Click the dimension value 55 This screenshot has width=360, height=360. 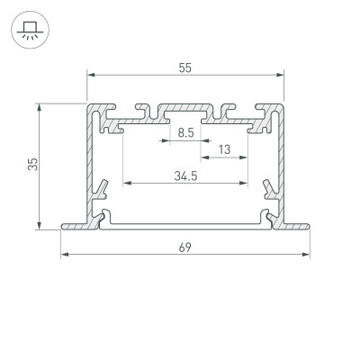click(184, 66)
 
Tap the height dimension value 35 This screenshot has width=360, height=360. click(31, 164)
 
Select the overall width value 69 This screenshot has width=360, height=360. click(184, 246)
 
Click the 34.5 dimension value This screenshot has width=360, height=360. click(185, 175)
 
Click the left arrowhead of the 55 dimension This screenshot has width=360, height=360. click(90, 75)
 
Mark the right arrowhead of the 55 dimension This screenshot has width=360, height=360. click(280, 75)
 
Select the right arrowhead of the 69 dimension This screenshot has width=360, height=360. click(305, 255)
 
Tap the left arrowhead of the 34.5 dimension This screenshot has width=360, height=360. click(126, 184)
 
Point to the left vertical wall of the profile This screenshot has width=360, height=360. click(91, 162)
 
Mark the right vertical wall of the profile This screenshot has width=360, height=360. click(280, 162)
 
